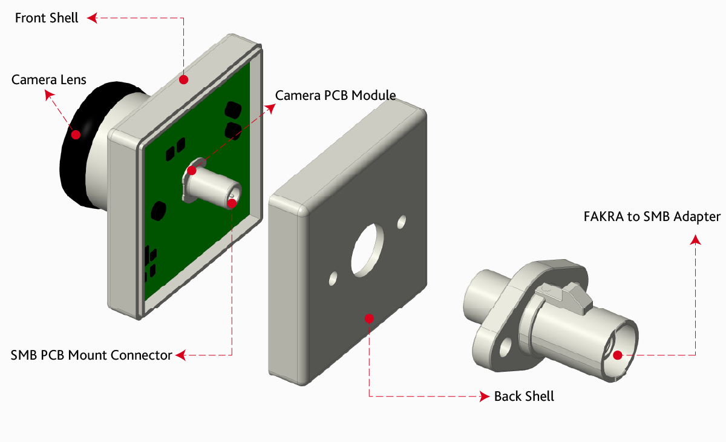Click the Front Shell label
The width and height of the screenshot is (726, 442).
click(47, 18)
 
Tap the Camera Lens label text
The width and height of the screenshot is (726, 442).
click(49, 79)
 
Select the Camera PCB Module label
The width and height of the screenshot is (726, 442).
click(336, 95)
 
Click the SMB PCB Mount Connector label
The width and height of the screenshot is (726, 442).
click(91, 355)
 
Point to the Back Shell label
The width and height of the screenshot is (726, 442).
click(524, 397)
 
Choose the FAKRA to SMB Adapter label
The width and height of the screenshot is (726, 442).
click(652, 217)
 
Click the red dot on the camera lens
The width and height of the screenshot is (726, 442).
click(76, 134)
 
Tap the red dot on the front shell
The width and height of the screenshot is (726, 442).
click(184, 79)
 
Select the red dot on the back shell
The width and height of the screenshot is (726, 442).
click(369, 318)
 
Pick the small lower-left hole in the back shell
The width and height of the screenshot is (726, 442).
click(333, 279)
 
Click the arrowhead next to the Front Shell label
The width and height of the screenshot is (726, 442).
click(92, 18)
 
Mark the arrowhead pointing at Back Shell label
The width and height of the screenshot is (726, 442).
click(484, 397)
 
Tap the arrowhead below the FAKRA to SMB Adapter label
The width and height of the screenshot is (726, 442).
click(696, 240)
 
